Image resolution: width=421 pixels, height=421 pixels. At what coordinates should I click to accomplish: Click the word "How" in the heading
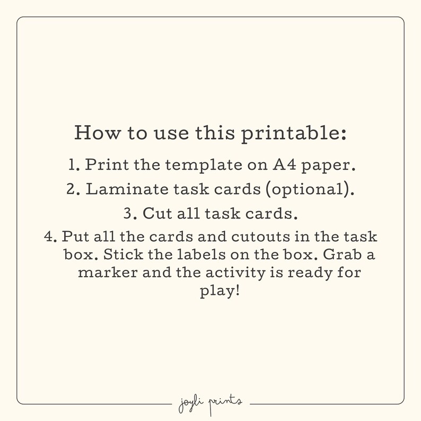[x=94, y=133]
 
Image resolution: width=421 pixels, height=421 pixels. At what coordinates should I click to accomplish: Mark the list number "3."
[x=130, y=214]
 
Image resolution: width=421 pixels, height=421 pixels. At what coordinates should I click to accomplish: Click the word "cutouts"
[x=257, y=236]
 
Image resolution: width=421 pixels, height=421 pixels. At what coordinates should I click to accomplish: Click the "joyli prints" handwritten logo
[x=210, y=402]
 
